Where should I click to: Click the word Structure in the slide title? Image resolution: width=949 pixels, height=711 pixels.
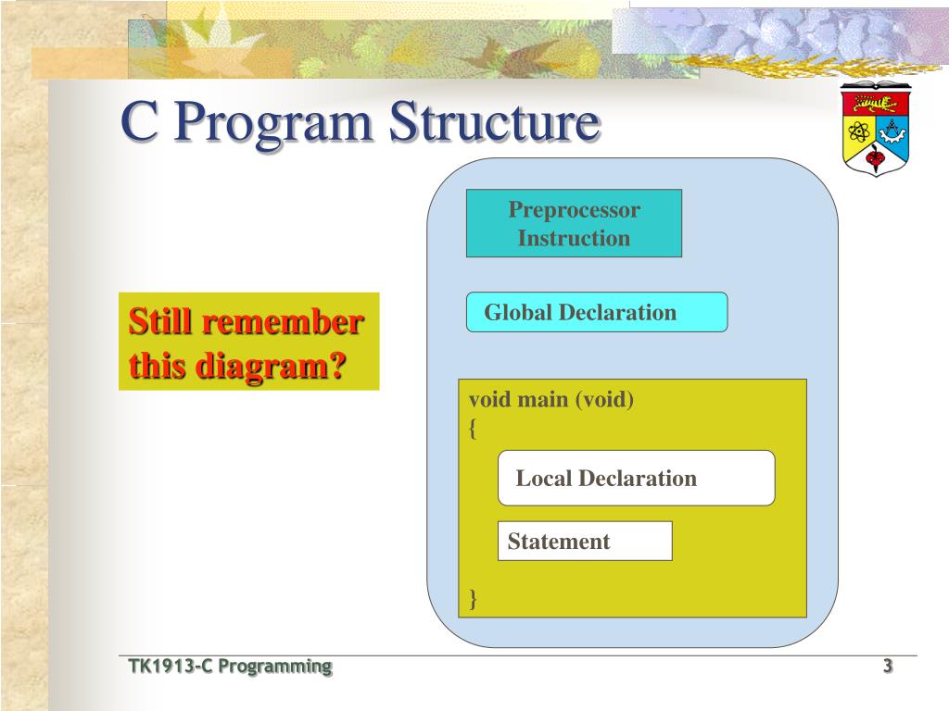[495, 121]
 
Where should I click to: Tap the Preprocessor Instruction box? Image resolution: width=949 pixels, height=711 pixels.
[574, 223]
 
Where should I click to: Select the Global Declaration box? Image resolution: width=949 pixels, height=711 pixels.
[597, 312]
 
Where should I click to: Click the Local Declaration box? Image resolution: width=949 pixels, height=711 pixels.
[636, 478]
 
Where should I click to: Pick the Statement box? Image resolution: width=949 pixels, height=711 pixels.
[585, 541]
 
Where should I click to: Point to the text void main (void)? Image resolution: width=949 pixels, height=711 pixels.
[551, 400]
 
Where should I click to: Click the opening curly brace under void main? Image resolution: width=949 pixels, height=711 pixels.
[473, 429]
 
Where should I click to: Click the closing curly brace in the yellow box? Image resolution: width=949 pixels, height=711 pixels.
[473, 599]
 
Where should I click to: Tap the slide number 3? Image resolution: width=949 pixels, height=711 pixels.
[887, 666]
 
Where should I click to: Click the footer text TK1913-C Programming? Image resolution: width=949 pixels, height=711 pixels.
[230, 667]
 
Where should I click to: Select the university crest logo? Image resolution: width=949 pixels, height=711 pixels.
[876, 129]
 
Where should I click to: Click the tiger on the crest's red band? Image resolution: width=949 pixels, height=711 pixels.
[875, 104]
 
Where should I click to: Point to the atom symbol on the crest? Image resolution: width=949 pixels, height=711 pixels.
[858, 131]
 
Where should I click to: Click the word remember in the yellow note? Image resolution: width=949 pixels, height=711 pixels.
[283, 321]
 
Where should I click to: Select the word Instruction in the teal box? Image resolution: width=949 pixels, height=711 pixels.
[574, 238]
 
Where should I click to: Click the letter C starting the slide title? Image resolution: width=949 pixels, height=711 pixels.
[141, 121]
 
